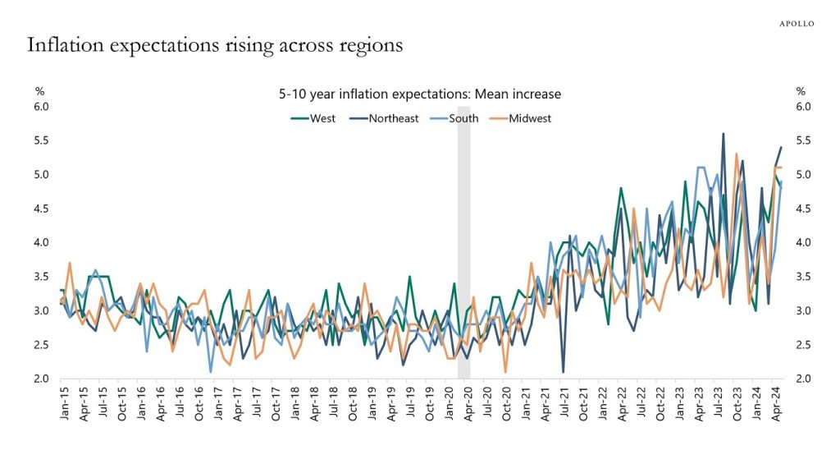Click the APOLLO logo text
[796, 24]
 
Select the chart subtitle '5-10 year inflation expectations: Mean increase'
[420, 94]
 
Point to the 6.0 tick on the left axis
[42, 107]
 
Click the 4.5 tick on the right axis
[804, 209]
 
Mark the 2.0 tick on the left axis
[42, 379]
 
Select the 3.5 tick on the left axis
[42, 277]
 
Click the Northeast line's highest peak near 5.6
[723, 134]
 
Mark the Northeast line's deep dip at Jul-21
[563, 372]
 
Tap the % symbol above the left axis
[39, 91]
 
